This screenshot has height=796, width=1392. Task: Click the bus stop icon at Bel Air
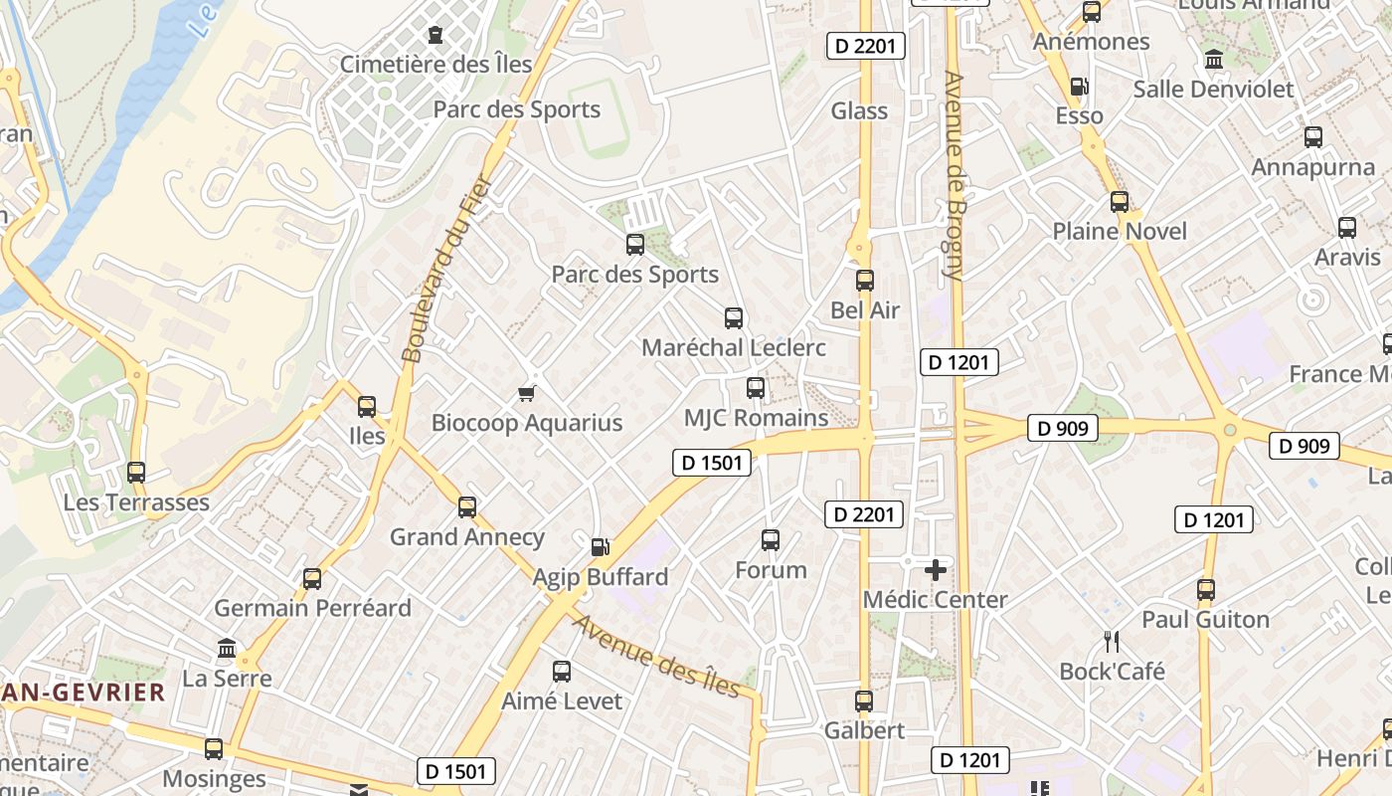point(865,281)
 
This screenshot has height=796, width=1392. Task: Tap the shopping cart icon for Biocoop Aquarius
point(527,394)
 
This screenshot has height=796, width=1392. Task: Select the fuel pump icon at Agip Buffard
point(600,546)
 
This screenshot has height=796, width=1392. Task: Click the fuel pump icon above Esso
point(1079,87)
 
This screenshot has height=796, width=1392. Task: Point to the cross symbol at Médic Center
point(935,570)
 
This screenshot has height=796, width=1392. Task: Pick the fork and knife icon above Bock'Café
point(1112,642)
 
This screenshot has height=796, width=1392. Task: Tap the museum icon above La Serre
point(227,650)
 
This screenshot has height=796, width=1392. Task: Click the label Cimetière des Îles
point(436,65)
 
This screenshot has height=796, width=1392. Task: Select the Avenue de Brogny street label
point(955,175)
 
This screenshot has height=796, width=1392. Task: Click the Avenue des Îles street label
point(657,657)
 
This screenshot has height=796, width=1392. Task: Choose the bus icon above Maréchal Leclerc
point(734,318)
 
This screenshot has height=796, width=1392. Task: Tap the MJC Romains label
point(757,418)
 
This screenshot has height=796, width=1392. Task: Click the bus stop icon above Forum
point(771,540)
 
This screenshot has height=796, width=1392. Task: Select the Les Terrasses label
point(136,502)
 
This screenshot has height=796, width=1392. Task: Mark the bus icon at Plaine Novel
point(1120,202)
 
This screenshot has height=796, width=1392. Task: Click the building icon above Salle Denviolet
point(1213,60)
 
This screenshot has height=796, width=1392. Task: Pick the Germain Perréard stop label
point(312,608)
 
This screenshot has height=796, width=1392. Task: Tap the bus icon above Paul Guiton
point(1206,590)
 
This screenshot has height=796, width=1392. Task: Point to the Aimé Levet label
point(562,700)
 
